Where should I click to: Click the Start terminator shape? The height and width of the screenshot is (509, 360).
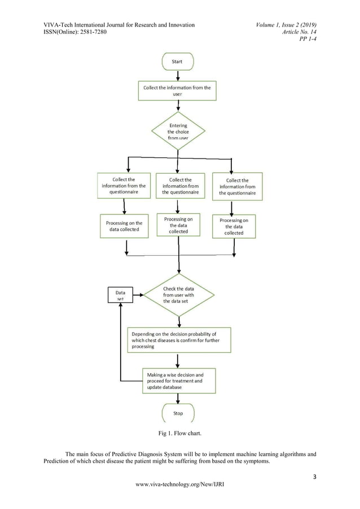178,62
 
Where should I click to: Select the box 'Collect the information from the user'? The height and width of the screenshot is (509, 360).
178,91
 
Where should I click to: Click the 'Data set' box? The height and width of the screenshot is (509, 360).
120,295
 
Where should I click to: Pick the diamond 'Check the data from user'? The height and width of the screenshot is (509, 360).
178,295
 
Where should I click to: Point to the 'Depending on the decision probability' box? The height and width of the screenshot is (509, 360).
178,338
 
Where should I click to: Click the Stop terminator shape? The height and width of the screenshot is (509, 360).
178,413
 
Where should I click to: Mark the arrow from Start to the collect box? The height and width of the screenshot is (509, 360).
178,75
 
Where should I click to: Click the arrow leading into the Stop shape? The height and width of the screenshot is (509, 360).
178,398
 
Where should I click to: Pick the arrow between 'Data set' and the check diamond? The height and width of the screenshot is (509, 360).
138,295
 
